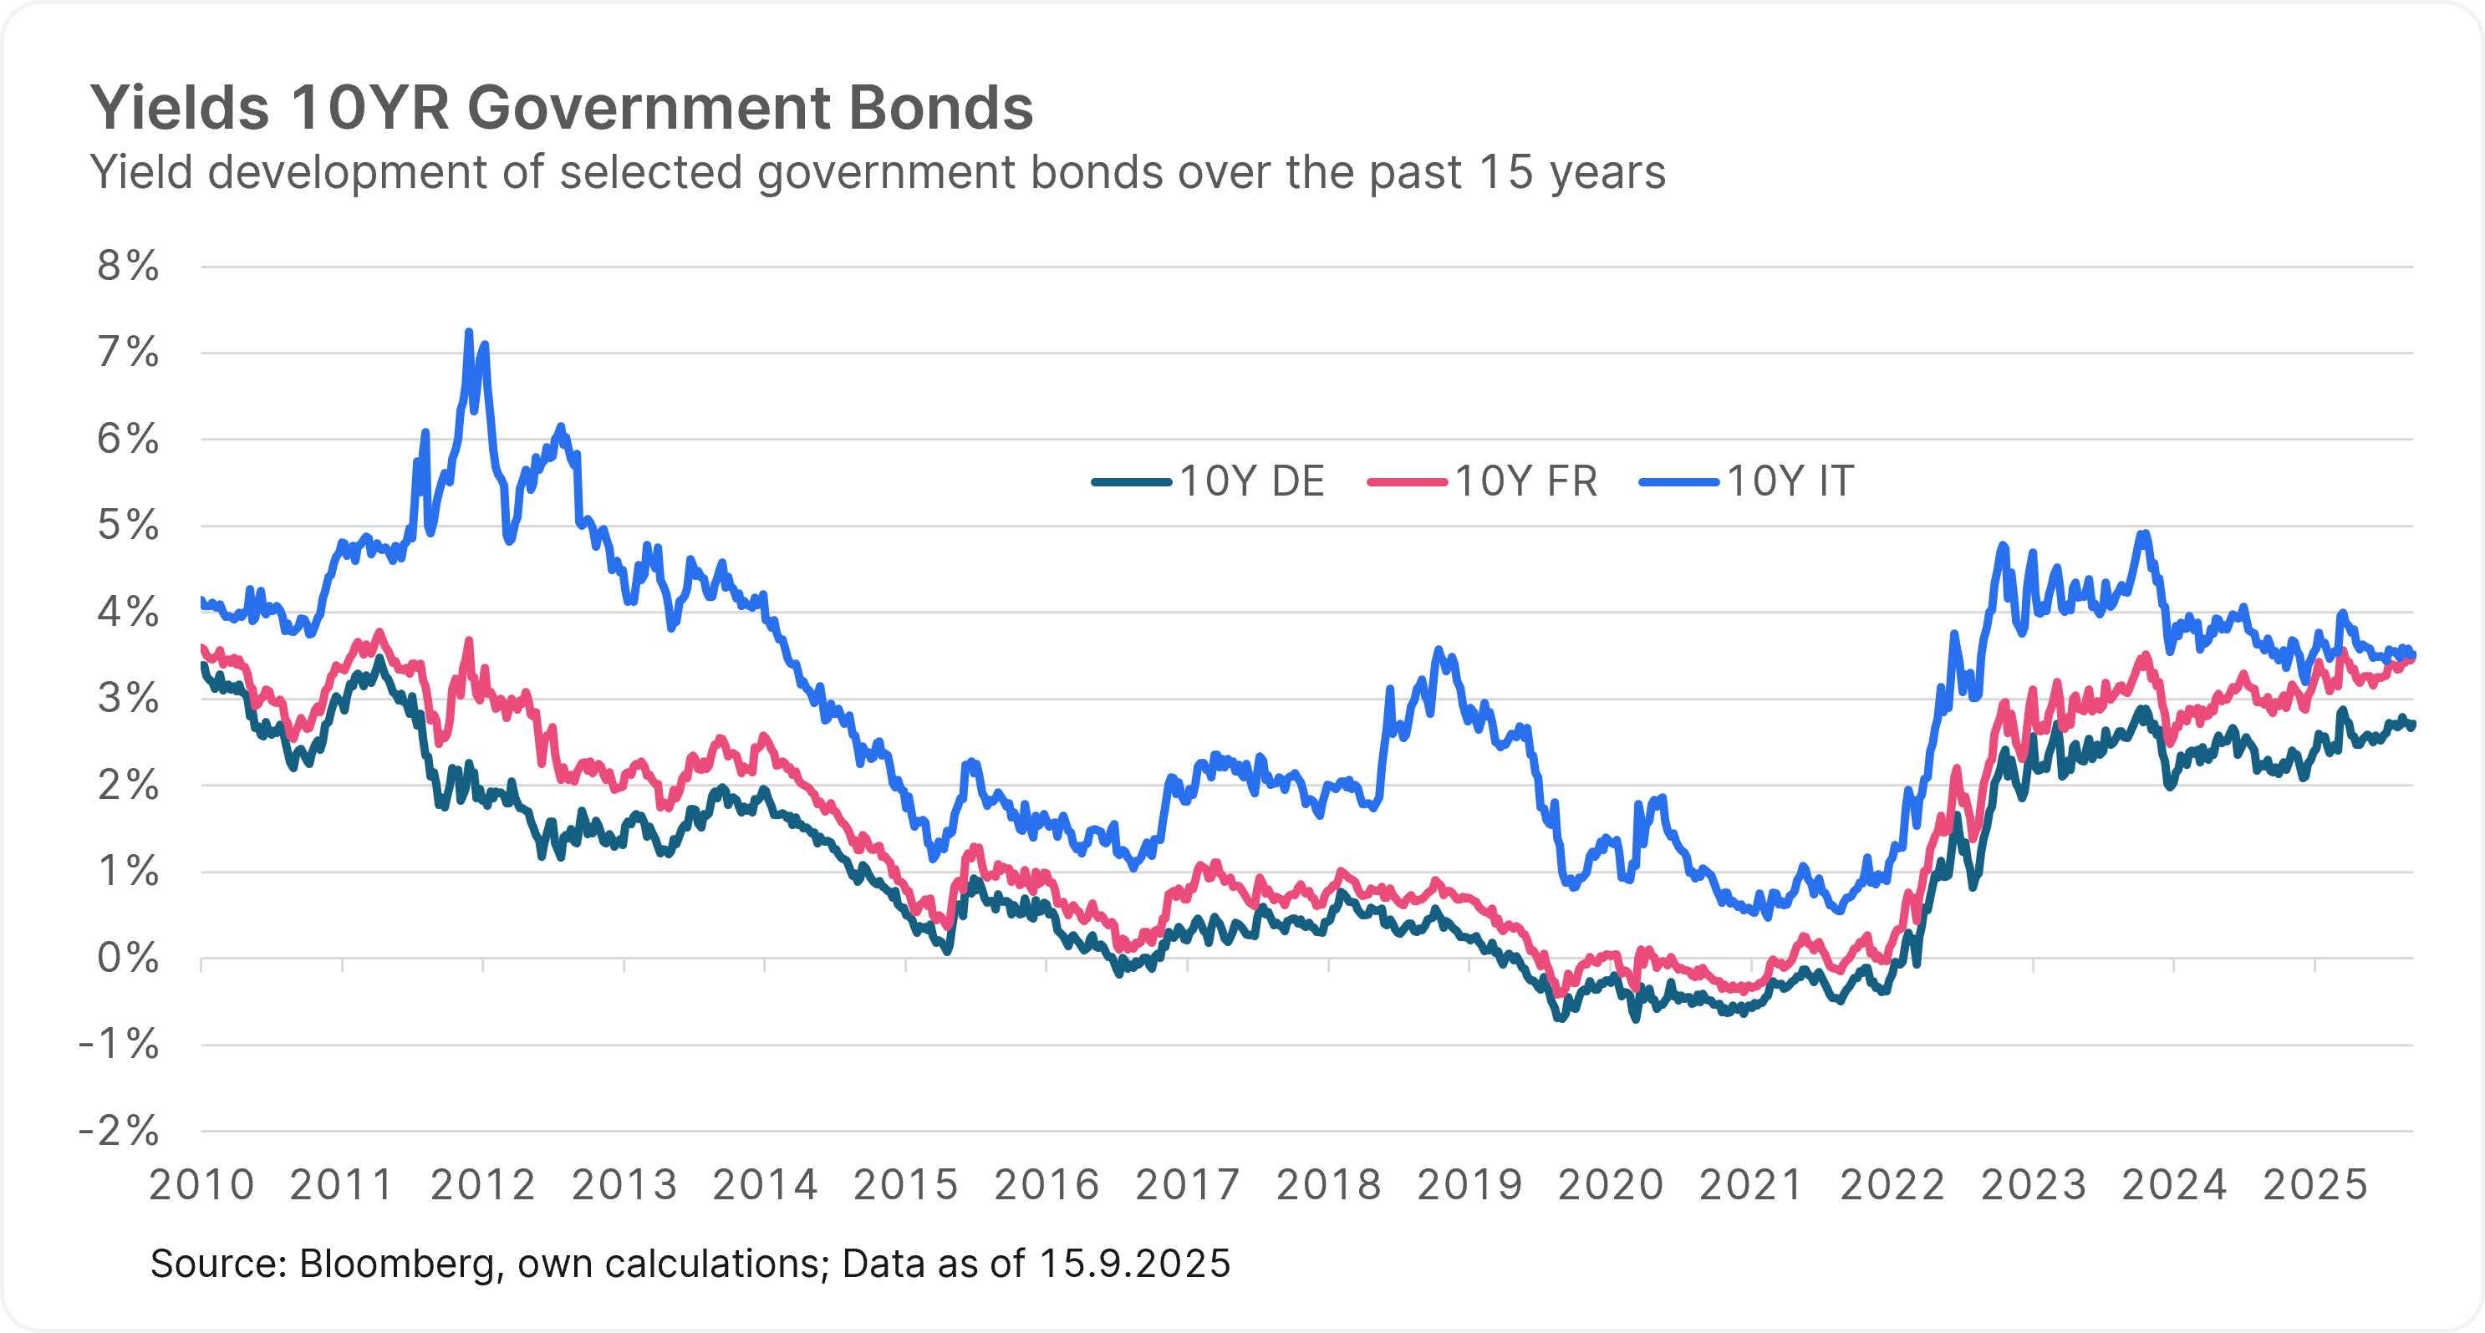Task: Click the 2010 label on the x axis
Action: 201,1185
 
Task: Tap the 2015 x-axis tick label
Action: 906,1185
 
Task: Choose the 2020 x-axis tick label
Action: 1611,1185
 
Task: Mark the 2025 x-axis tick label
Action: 2315,1185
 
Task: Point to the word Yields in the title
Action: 180,107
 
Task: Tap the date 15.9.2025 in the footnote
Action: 1134,1264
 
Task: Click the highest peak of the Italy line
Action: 469,332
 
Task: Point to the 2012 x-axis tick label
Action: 483,1185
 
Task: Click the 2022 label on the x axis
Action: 1892,1185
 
